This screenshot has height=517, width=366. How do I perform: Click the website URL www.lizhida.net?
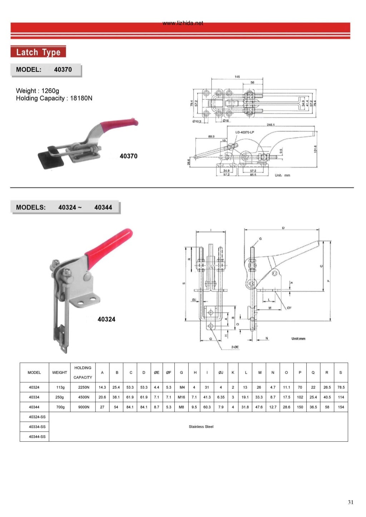[183, 23]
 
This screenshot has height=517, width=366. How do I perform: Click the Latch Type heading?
[38, 52]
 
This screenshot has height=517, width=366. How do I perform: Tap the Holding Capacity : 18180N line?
[54, 98]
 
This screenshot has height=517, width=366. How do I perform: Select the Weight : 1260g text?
[38, 91]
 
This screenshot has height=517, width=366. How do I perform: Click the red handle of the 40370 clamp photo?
[118, 125]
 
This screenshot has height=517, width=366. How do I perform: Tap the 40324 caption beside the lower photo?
[107, 319]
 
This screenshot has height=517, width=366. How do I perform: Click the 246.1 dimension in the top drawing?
[271, 125]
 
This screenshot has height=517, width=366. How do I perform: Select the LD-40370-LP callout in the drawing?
[245, 132]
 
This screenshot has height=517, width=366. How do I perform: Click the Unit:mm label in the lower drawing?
[298, 338]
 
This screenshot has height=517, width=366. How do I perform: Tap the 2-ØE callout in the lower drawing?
[235, 347]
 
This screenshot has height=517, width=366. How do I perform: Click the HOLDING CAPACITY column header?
[83, 372]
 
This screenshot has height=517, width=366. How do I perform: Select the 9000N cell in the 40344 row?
[84, 407]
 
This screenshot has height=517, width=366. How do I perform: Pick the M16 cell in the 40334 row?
[182, 397]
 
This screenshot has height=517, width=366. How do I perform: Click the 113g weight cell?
[60, 387]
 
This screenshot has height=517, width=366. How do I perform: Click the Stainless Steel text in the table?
[201, 427]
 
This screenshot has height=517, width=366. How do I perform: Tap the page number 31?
[350, 502]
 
